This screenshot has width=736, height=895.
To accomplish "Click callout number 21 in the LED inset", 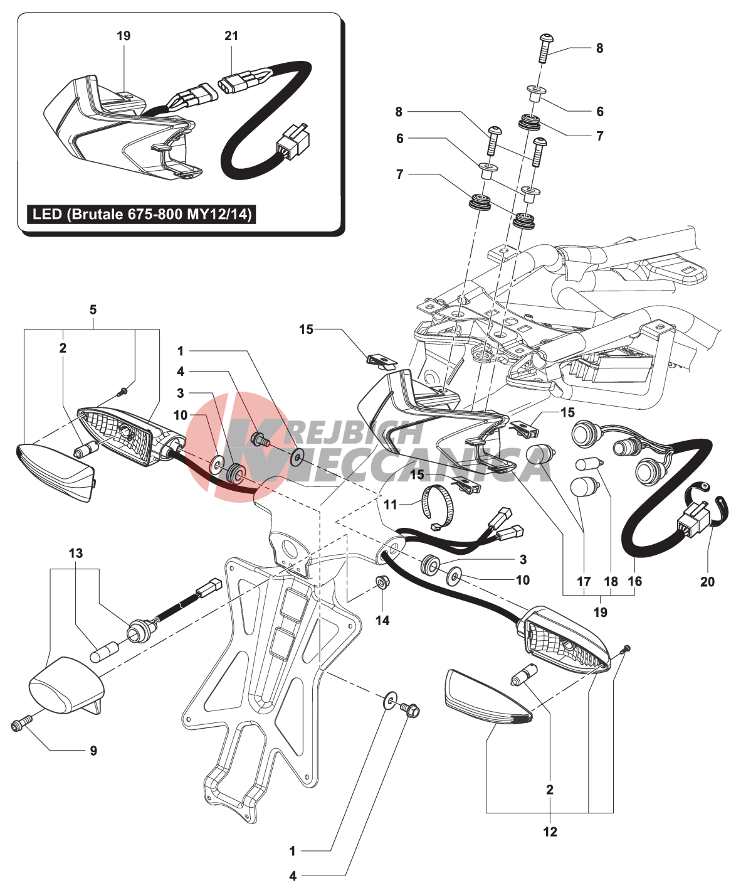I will pos(231,36).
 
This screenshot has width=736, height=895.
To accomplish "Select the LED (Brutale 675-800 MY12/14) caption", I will pos(142,215).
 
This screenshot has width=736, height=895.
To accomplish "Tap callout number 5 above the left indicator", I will pos(93,310).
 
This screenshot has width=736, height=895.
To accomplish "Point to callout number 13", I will pos(76,554).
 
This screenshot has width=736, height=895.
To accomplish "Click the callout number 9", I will pos(93,751).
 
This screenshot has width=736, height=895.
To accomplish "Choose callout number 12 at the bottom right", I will pos(550,832).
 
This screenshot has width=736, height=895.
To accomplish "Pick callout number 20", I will pos(707,582).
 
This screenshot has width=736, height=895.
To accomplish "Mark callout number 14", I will pos(382,620).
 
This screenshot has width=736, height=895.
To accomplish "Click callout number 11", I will pos(391,505).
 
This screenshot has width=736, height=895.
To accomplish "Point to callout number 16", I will pos(635,581).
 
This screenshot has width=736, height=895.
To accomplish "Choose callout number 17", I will pos(584,581).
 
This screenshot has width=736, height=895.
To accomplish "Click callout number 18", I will pos(611,581).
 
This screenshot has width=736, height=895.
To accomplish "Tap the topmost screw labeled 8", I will pos(543,47).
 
